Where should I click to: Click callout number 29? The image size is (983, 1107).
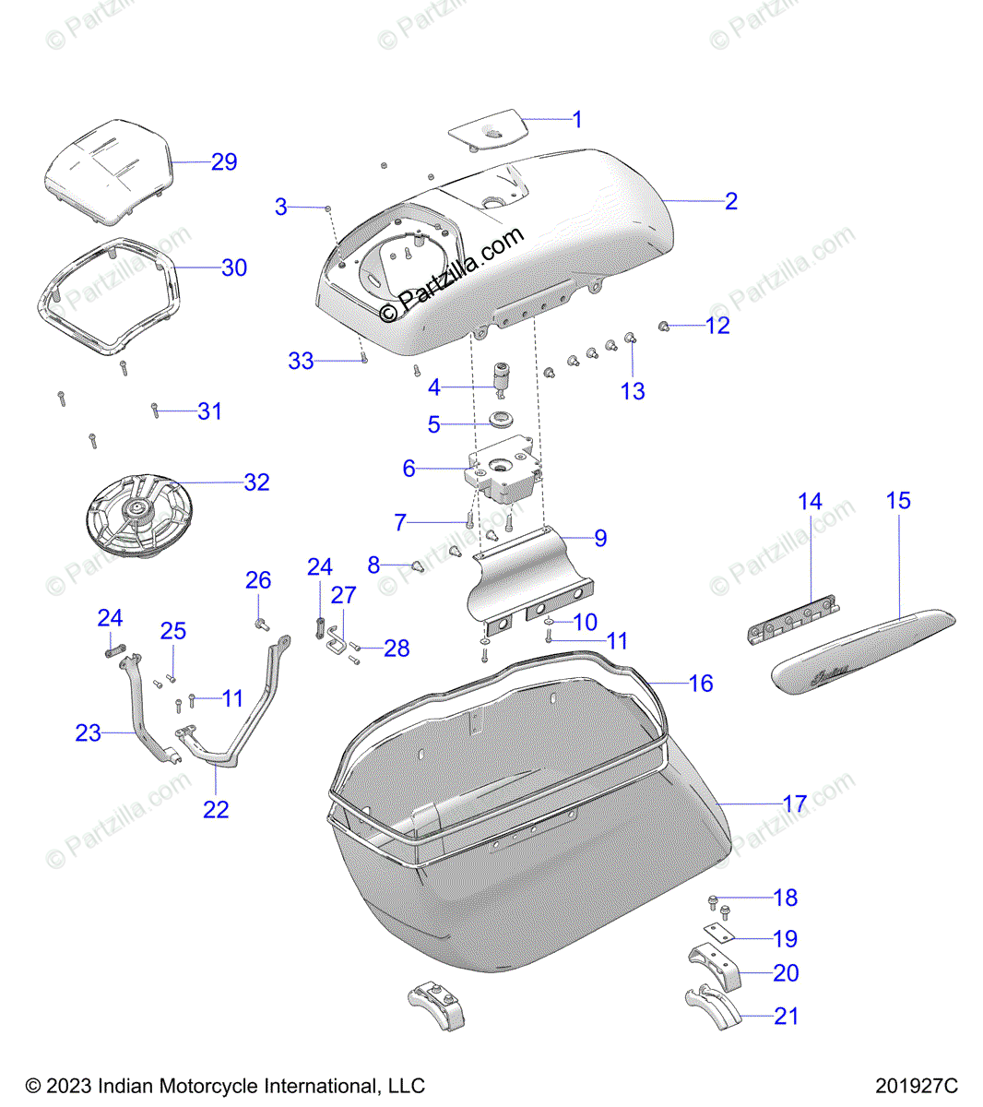[x=224, y=161]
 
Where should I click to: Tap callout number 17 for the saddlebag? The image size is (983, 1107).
[x=795, y=804]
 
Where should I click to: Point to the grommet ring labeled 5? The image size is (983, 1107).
[x=502, y=423]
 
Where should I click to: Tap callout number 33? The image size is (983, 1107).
[x=301, y=361]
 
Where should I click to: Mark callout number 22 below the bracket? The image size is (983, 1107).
[x=216, y=809]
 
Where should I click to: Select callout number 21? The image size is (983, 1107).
[x=786, y=1016]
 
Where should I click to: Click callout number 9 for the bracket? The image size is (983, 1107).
[x=600, y=538]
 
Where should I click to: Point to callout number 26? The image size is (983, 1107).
[x=258, y=579]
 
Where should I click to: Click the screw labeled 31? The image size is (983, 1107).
[x=156, y=411]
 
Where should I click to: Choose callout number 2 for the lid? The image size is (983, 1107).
[x=730, y=201]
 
